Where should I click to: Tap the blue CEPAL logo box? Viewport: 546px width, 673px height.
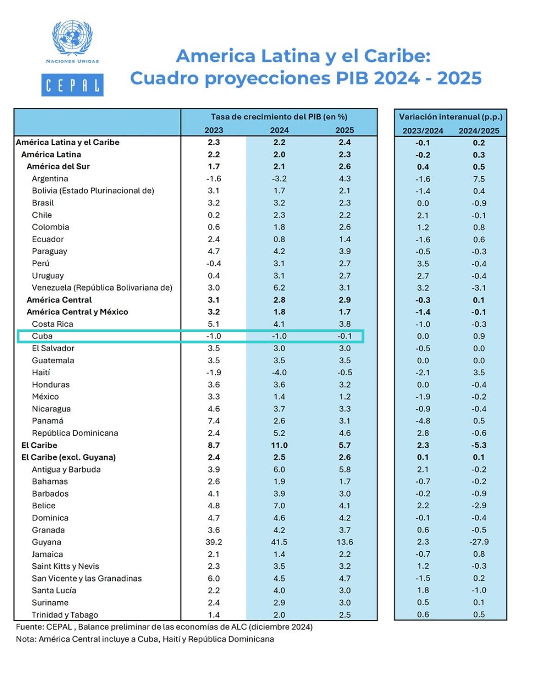point(72,85)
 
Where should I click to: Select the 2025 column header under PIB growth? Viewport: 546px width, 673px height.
point(345,130)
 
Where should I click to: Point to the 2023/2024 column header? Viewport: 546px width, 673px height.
point(423,131)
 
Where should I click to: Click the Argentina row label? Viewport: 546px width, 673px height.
point(50,179)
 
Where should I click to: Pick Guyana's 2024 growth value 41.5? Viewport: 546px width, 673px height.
point(279,542)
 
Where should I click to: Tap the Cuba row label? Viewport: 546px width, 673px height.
point(42,336)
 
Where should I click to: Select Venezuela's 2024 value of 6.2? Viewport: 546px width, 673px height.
point(279,287)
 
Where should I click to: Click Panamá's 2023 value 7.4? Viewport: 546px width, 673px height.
point(214,421)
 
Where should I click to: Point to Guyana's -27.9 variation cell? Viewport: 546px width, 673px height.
point(479,542)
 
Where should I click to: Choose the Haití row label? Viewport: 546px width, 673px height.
point(41,372)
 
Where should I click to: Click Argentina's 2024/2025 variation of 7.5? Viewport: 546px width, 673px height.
point(479,179)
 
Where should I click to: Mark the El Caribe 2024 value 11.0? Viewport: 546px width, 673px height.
point(279,445)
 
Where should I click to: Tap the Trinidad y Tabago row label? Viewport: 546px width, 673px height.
point(65,615)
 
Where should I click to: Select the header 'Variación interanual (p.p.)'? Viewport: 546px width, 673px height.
point(451,117)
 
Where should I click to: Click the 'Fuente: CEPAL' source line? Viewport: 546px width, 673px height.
point(164,627)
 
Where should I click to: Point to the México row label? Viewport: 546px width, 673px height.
point(45,397)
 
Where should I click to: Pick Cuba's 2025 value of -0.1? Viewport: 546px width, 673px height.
point(345,336)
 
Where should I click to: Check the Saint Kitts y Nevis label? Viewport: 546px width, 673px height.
point(65,566)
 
